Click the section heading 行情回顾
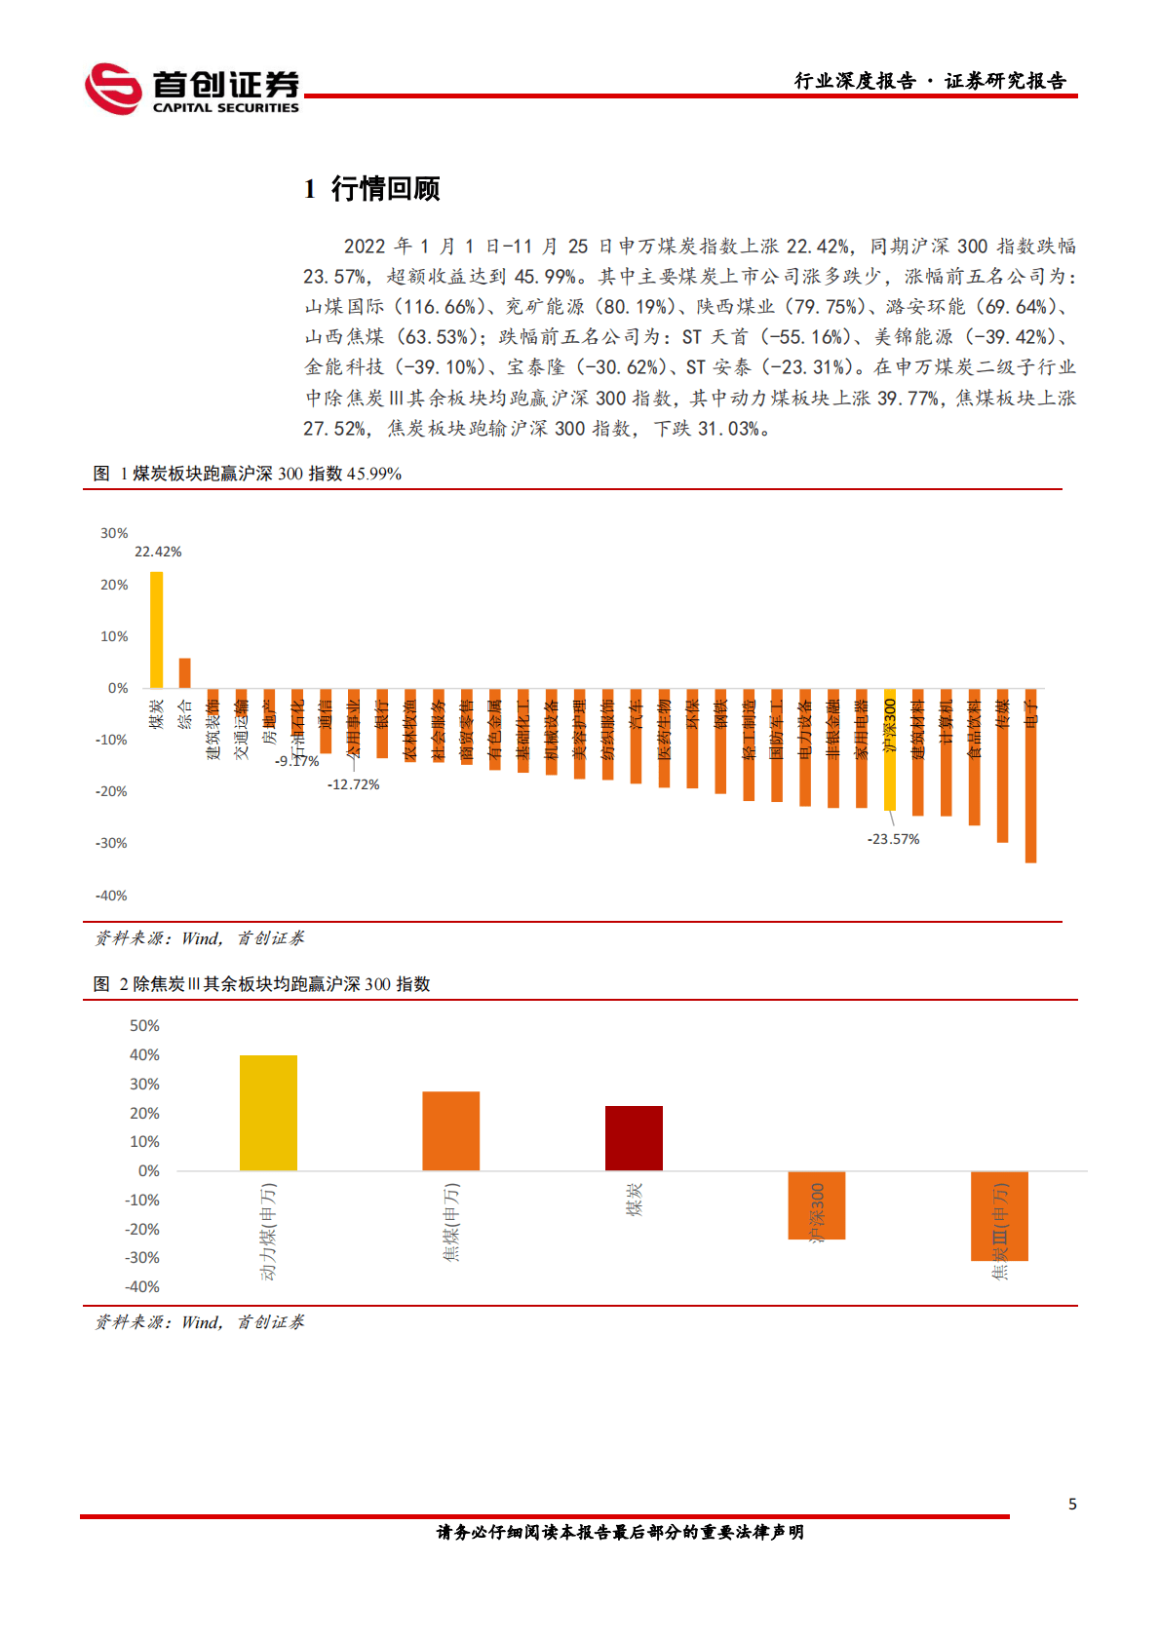pyautogui.click(x=385, y=188)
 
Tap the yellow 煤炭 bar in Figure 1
pyautogui.click(x=156, y=629)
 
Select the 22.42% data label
pyautogui.click(x=158, y=552)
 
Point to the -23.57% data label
pyautogui.click(x=893, y=839)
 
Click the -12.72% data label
pyautogui.click(x=353, y=784)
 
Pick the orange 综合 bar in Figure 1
pyautogui.click(x=184, y=672)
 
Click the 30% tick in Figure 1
pyautogui.click(x=114, y=533)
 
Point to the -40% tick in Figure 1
pyautogui.click(x=111, y=896)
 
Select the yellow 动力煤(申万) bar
pyautogui.click(x=268, y=1113)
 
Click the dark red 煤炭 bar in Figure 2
pyautogui.click(x=634, y=1138)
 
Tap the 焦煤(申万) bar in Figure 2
pyautogui.click(x=450, y=1130)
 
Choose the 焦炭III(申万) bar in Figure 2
pyautogui.click(x=999, y=1216)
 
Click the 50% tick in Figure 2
pyautogui.click(x=144, y=1026)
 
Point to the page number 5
pyautogui.click(x=1072, y=1505)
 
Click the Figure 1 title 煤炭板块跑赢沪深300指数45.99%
pyautogui.click(x=247, y=474)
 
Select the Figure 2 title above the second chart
pyautogui.click(x=261, y=984)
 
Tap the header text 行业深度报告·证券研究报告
pyautogui.click(x=930, y=81)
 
